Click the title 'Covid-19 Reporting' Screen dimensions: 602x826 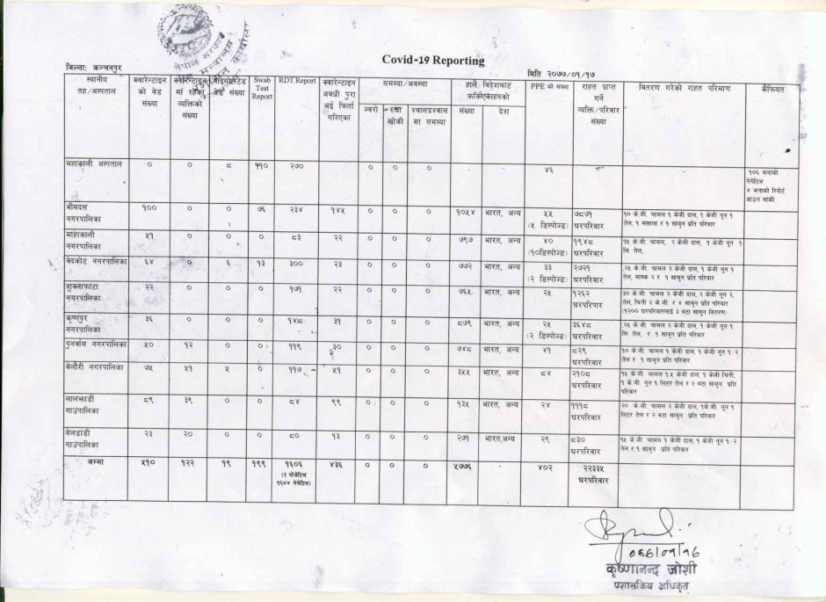point(433,60)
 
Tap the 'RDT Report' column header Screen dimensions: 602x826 point(297,81)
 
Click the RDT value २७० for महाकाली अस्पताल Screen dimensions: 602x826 point(297,165)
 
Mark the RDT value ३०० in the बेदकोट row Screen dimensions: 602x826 point(297,263)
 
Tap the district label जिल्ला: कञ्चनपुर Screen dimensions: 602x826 point(97,67)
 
